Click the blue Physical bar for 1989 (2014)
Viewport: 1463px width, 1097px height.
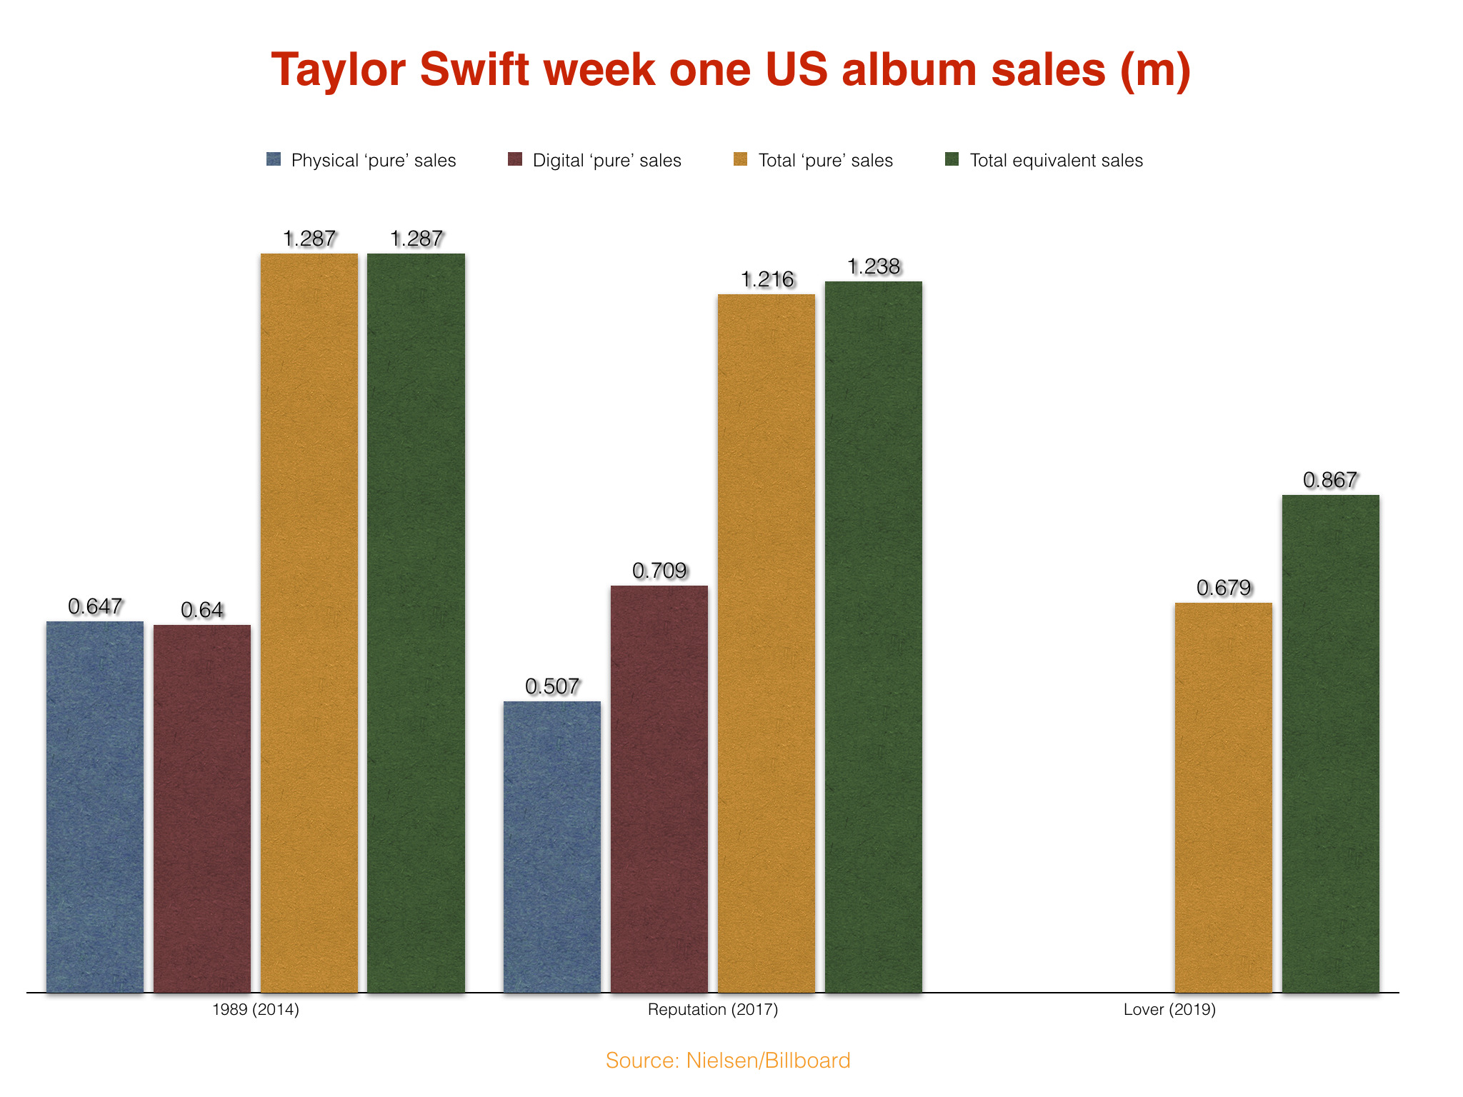coord(95,807)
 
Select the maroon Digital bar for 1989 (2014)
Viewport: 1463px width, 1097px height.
coord(202,808)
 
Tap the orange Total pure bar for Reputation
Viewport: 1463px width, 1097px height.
coord(767,643)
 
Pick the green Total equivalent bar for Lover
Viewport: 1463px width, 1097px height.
coord(1330,743)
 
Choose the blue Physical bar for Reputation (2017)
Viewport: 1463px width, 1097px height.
coord(552,846)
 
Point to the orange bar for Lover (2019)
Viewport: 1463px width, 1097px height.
coord(1223,797)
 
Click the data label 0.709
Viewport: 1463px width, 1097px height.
coord(659,571)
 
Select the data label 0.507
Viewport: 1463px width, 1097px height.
coord(552,686)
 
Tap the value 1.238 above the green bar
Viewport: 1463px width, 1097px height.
coord(874,266)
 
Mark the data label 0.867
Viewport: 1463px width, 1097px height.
coord(1330,480)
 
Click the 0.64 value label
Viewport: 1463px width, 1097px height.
coord(202,610)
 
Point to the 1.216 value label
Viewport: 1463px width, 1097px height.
coord(767,279)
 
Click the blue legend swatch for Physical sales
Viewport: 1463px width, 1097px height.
coord(274,159)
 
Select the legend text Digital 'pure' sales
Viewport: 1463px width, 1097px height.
coord(606,160)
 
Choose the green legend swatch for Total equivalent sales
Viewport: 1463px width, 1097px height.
coord(952,159)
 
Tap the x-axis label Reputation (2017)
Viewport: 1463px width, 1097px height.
coord(712,1009)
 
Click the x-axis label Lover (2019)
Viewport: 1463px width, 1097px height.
coord(1169,1009)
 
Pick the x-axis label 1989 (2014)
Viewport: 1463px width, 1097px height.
coord(256,1009)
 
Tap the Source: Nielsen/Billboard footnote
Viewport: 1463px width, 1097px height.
coord(728,1060)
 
